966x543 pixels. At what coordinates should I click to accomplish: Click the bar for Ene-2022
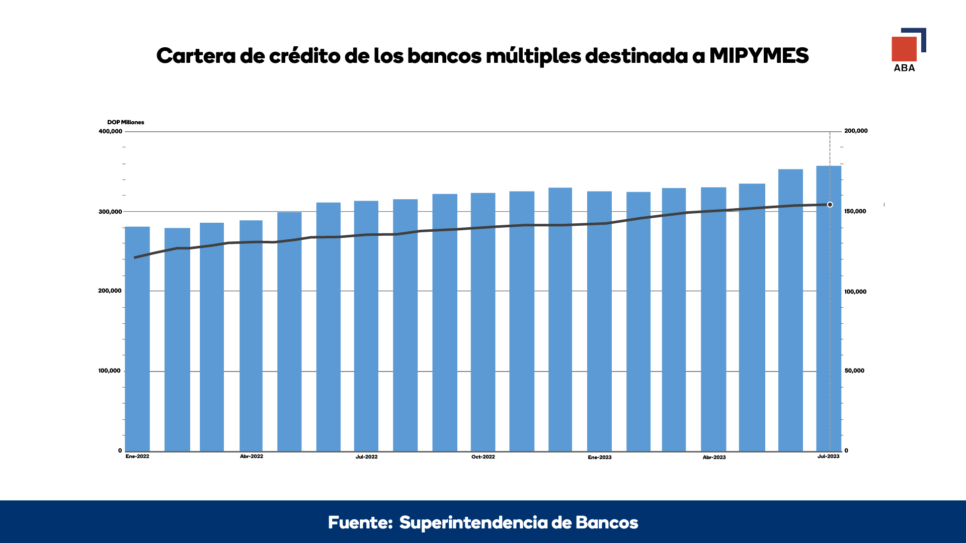tap(137, 339)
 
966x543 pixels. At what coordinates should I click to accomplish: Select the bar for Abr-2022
tap(251, 336)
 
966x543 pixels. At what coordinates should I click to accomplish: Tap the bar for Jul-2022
tap(366, 326)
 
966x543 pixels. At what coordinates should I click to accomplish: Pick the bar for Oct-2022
tap(483, 322)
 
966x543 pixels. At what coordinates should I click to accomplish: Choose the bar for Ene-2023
tap(600, 321)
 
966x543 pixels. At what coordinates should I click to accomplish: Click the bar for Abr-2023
tap(713, 319)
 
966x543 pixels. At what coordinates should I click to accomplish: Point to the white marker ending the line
tap(830, 205)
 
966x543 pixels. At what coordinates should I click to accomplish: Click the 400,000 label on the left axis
tap(110, 131)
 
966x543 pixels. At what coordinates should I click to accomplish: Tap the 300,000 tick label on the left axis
tap(110, 212)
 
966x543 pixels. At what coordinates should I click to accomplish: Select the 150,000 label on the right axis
tap(855, 211)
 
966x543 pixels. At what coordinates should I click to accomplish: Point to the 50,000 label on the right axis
tap(854, 371)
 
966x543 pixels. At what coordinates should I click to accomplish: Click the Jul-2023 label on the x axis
tap(828, 457)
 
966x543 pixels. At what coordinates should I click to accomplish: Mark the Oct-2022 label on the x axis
tap(483, 457)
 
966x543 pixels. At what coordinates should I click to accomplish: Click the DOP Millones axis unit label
tap(126, 122)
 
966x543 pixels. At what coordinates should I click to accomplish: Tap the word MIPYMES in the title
tap(759, 55)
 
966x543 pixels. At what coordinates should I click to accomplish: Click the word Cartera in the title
tap(196, 55)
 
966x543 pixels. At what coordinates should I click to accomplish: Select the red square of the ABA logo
tap(904, 49)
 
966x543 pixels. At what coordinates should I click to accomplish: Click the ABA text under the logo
tap(904, 68)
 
